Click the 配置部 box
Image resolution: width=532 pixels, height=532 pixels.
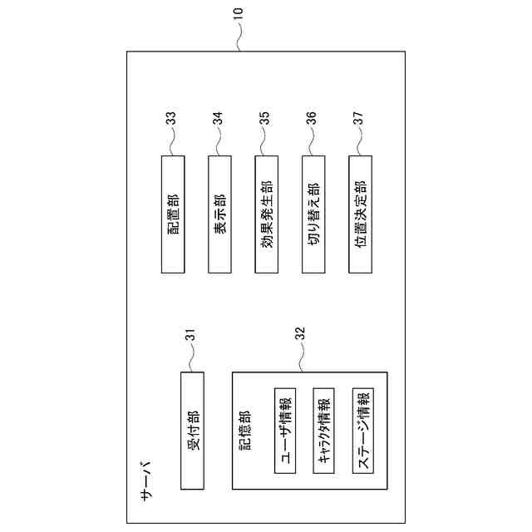tap(172, 214)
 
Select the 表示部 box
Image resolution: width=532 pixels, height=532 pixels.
tap(219, 214)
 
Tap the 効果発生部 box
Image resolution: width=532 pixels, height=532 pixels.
tap(267, 214)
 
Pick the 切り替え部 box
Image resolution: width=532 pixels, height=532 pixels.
tap(314, 214)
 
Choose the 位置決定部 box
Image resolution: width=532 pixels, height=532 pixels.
tap(362, 214)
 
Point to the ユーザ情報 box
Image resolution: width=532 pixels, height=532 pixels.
tap(285, 430)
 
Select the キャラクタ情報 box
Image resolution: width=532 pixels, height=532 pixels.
tap(325, 430)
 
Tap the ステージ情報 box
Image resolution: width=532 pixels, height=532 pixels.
tap(364, 430)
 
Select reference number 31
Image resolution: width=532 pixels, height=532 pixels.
tap(191, 335)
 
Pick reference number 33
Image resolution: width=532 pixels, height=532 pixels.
tap(172, 119)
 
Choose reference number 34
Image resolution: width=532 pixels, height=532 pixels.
tap(219, 119)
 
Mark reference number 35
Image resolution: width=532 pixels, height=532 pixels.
tap(266, 119)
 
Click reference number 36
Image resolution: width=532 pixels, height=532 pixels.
tap(313, 119)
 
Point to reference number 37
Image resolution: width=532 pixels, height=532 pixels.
tap(359, 119)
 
